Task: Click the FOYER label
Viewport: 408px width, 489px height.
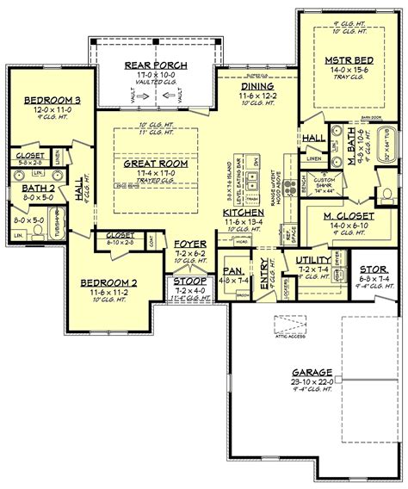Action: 189,244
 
